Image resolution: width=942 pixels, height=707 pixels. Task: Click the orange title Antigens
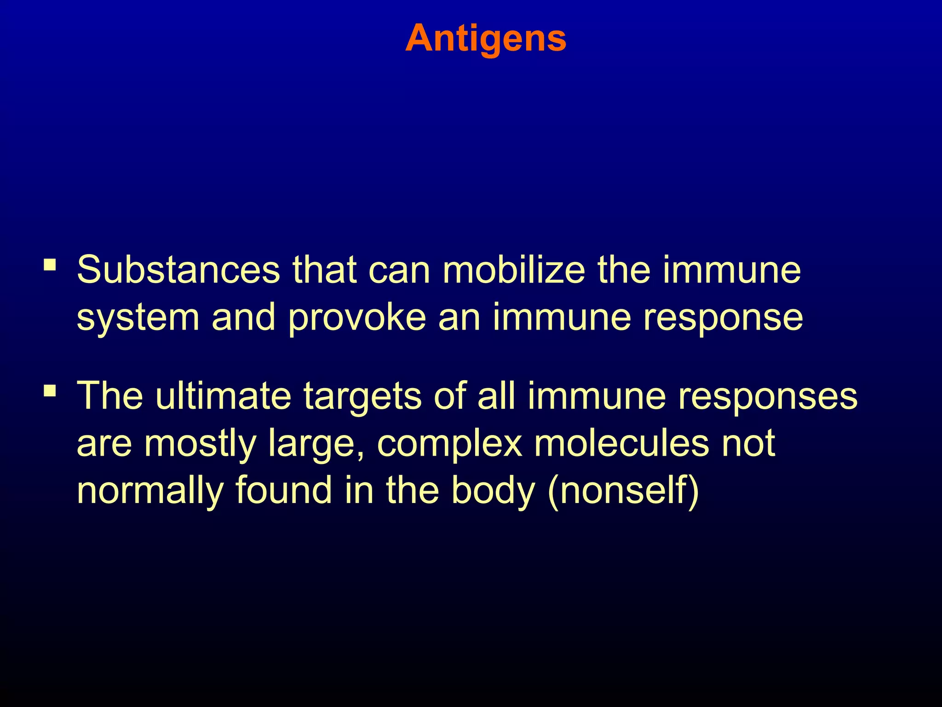(485, 39)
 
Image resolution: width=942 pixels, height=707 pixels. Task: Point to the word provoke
(357, 318)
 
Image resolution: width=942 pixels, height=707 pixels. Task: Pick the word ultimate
(223, 395)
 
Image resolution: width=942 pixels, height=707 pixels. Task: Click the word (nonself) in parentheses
(623, 490)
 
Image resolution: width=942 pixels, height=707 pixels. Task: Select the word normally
(150, 491)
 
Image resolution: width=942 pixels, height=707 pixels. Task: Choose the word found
(283, 490)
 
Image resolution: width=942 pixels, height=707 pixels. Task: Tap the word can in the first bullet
(400, 270)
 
